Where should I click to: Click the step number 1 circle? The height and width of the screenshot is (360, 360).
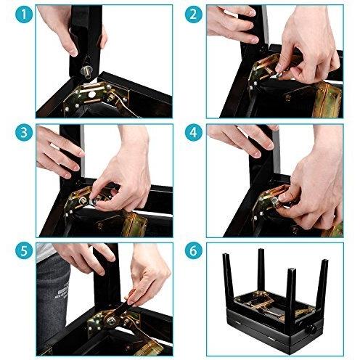[24, 15]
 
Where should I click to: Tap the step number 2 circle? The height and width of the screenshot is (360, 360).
[194, 15]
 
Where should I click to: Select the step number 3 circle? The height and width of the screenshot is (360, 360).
[24, 132]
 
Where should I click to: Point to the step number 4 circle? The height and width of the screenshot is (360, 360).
[194, 132]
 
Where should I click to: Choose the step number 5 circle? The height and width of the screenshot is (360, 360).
[24, 250]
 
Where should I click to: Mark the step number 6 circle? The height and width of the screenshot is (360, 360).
[194, 250]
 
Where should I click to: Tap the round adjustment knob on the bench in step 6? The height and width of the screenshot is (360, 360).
[310, 330]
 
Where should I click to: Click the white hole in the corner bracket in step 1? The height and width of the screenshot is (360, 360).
[91, 95]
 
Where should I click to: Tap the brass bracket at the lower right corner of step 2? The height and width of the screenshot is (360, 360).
[328, 99]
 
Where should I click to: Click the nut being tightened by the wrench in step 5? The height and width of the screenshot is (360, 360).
[112, 321]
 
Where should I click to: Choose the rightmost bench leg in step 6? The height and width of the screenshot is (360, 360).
[322, 288]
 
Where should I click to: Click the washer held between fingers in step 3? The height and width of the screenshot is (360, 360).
[93, 201]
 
